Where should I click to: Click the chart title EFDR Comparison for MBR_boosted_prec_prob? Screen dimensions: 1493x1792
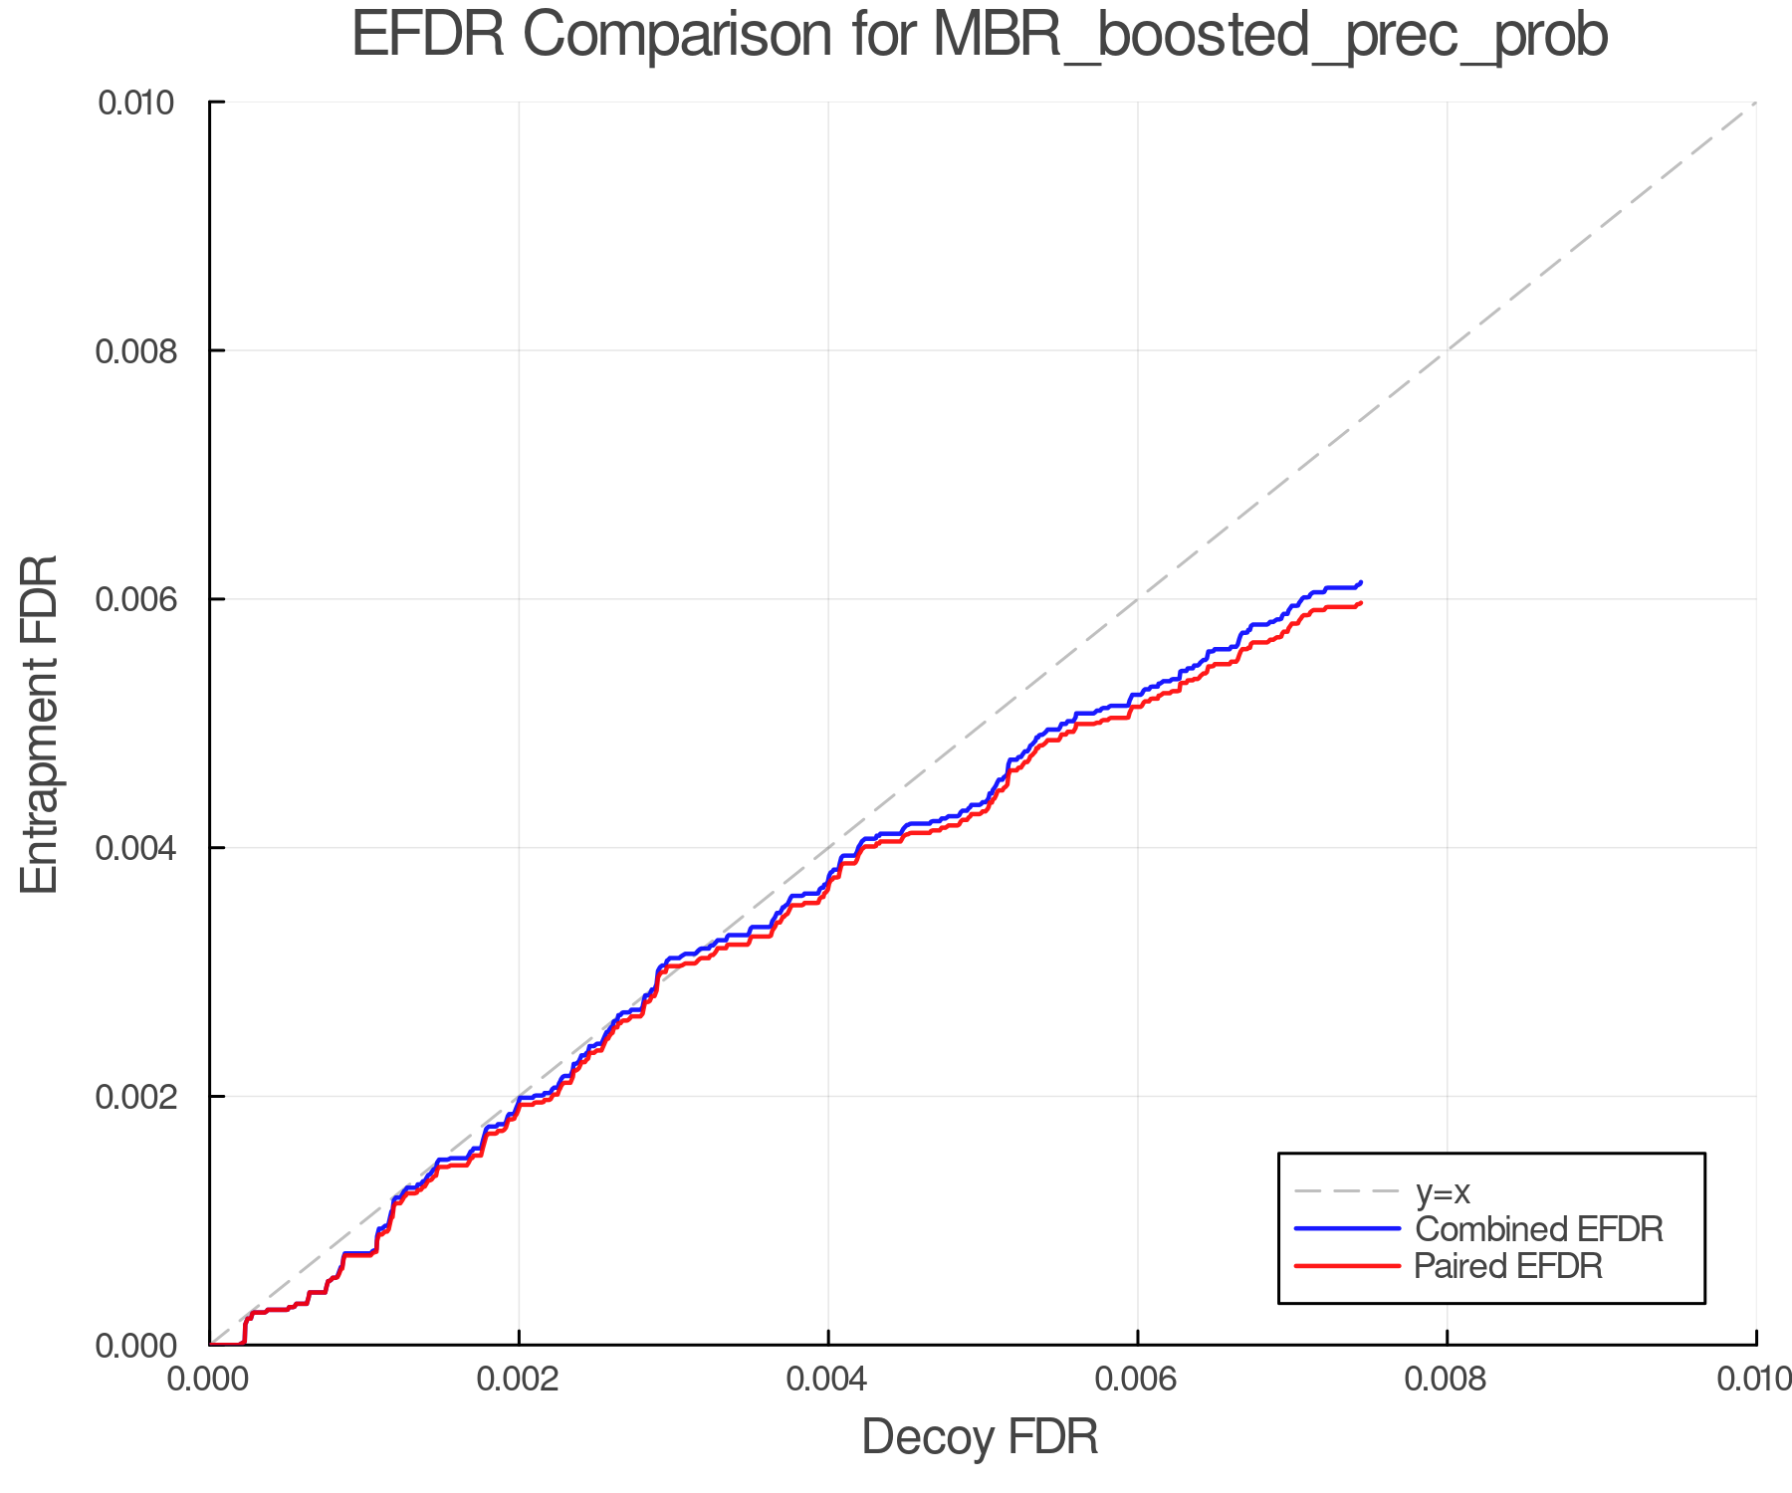pyautogui.click(x=980, y=36)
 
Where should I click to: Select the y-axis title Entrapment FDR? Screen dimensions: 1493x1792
pyautogui.click(x=40, y=724)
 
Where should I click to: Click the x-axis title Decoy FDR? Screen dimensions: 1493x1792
pyautogui.click(x=980, y=1436)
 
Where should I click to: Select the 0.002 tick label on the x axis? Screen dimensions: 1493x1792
pyautogui.click(x=519, y=1379)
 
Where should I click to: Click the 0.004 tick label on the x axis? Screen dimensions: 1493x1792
pyautogui.click(x=828, y=1379)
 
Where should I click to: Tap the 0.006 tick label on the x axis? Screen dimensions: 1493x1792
pyautogui.click(x=1137, y=1379)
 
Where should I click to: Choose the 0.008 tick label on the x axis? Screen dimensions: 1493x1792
pyautogui.click(x=1447, y=1379)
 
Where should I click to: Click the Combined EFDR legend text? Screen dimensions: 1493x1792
pyautogui.click(x=1539, y=1229)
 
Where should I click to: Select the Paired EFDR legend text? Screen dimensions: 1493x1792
pyautogui.click(x=1509, y=1266)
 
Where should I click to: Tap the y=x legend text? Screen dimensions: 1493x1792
pyautogui.click(x=1443, y=1191)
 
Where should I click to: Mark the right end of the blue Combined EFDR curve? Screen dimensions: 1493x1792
pyautogui.click(x=1360, y=582)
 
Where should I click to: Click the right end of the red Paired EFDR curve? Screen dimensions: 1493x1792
pyautogui.click(x=1360, y=603)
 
